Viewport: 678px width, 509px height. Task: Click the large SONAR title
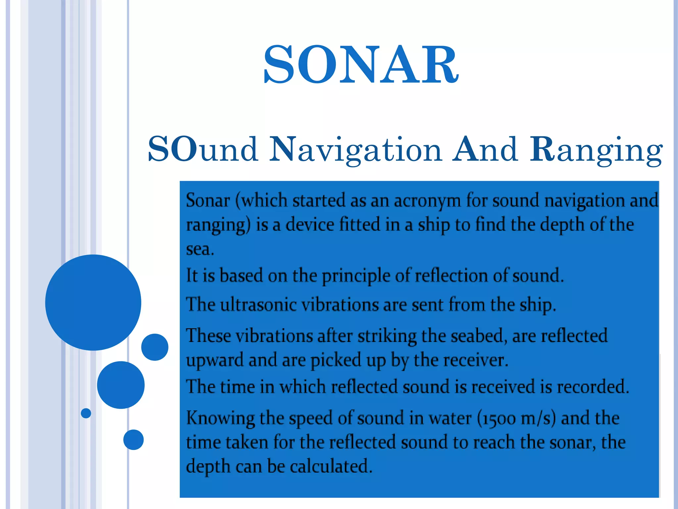click(x=361, y=65)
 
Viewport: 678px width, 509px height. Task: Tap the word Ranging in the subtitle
click(x=596, y=150)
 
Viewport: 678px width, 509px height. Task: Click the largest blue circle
click(x=93, y=302)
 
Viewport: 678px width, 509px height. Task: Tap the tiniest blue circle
click(x=86, y=413)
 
